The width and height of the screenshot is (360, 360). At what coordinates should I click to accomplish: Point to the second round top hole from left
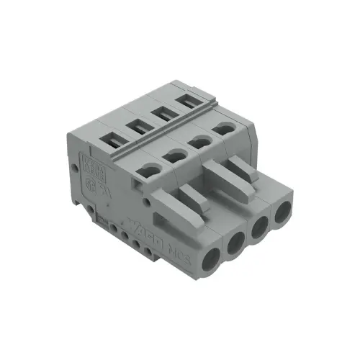[174, 155]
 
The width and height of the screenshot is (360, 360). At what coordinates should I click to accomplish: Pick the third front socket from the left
[260, 228]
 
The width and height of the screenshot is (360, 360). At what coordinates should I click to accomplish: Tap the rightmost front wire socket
[283, 211]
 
